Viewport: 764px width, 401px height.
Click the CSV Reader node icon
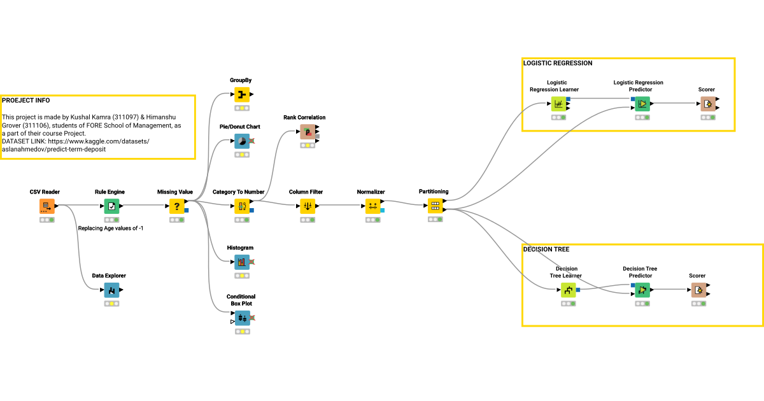[46, 206]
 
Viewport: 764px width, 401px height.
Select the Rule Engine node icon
[111, 206]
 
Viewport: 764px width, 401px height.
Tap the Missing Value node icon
[177, 206]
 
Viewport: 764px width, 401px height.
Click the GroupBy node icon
[241, 95]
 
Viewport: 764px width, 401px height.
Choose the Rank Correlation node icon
[308, 132]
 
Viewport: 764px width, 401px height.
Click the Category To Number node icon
[241, 206]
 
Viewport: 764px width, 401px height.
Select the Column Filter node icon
[308, 206]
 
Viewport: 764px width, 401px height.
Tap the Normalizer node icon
[373, 206]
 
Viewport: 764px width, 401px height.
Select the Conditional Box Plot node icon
[241, 318]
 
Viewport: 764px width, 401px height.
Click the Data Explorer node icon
[111, 290]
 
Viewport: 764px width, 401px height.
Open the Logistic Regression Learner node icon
[558, 104]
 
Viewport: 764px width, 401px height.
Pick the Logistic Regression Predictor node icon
[642, 104]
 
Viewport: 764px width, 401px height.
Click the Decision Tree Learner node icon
[569, 290]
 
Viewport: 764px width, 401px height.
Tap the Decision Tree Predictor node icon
[642, 290]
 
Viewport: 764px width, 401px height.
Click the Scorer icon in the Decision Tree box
[698, 290]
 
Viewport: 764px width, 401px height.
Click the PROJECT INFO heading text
[26, 101]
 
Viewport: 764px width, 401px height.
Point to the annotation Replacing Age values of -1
[110, 228]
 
